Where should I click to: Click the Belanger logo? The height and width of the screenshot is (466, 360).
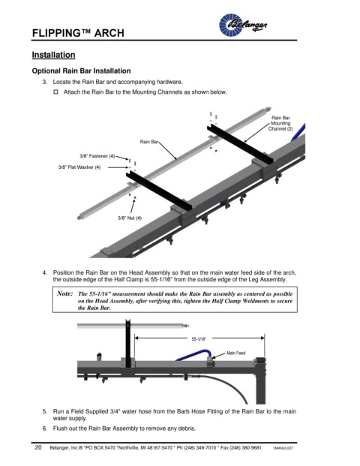[x=243, y=25]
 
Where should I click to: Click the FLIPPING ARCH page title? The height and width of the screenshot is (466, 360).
[x=78, y=33]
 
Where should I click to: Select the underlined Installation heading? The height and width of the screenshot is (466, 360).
[x=53, y=55]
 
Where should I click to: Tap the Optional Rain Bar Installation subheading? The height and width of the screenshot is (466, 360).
[x=82, y=71]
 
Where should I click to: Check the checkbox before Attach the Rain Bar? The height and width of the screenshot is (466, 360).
[x=55, y=92]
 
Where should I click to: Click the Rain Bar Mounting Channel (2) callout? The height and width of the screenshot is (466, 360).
[x=280, y=123]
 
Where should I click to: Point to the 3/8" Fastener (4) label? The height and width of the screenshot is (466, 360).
[x=97, y=156]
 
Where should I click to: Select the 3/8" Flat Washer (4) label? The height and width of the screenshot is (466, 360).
[x=79, y=167]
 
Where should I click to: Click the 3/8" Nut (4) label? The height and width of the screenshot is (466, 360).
[x=130, y=218]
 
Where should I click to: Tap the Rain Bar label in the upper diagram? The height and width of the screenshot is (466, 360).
[x=149, y=142]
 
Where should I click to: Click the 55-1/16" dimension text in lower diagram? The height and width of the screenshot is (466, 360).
[x=199, y=338]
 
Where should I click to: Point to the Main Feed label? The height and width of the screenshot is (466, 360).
[x=236, y=353]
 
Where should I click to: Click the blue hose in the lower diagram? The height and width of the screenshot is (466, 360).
[x=194, y=353]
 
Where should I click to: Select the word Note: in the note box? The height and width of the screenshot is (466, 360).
[x=64, y=293]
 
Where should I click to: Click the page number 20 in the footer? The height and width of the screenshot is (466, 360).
[x=38, y=447]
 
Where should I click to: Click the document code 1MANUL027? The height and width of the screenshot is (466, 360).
[x=283, y=448]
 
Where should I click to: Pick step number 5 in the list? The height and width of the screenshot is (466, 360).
[x=45, y=412]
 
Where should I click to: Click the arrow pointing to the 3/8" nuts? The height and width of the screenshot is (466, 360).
[x=133, y=206]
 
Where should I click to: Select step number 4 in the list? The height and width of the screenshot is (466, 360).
[x=45, y=272]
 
